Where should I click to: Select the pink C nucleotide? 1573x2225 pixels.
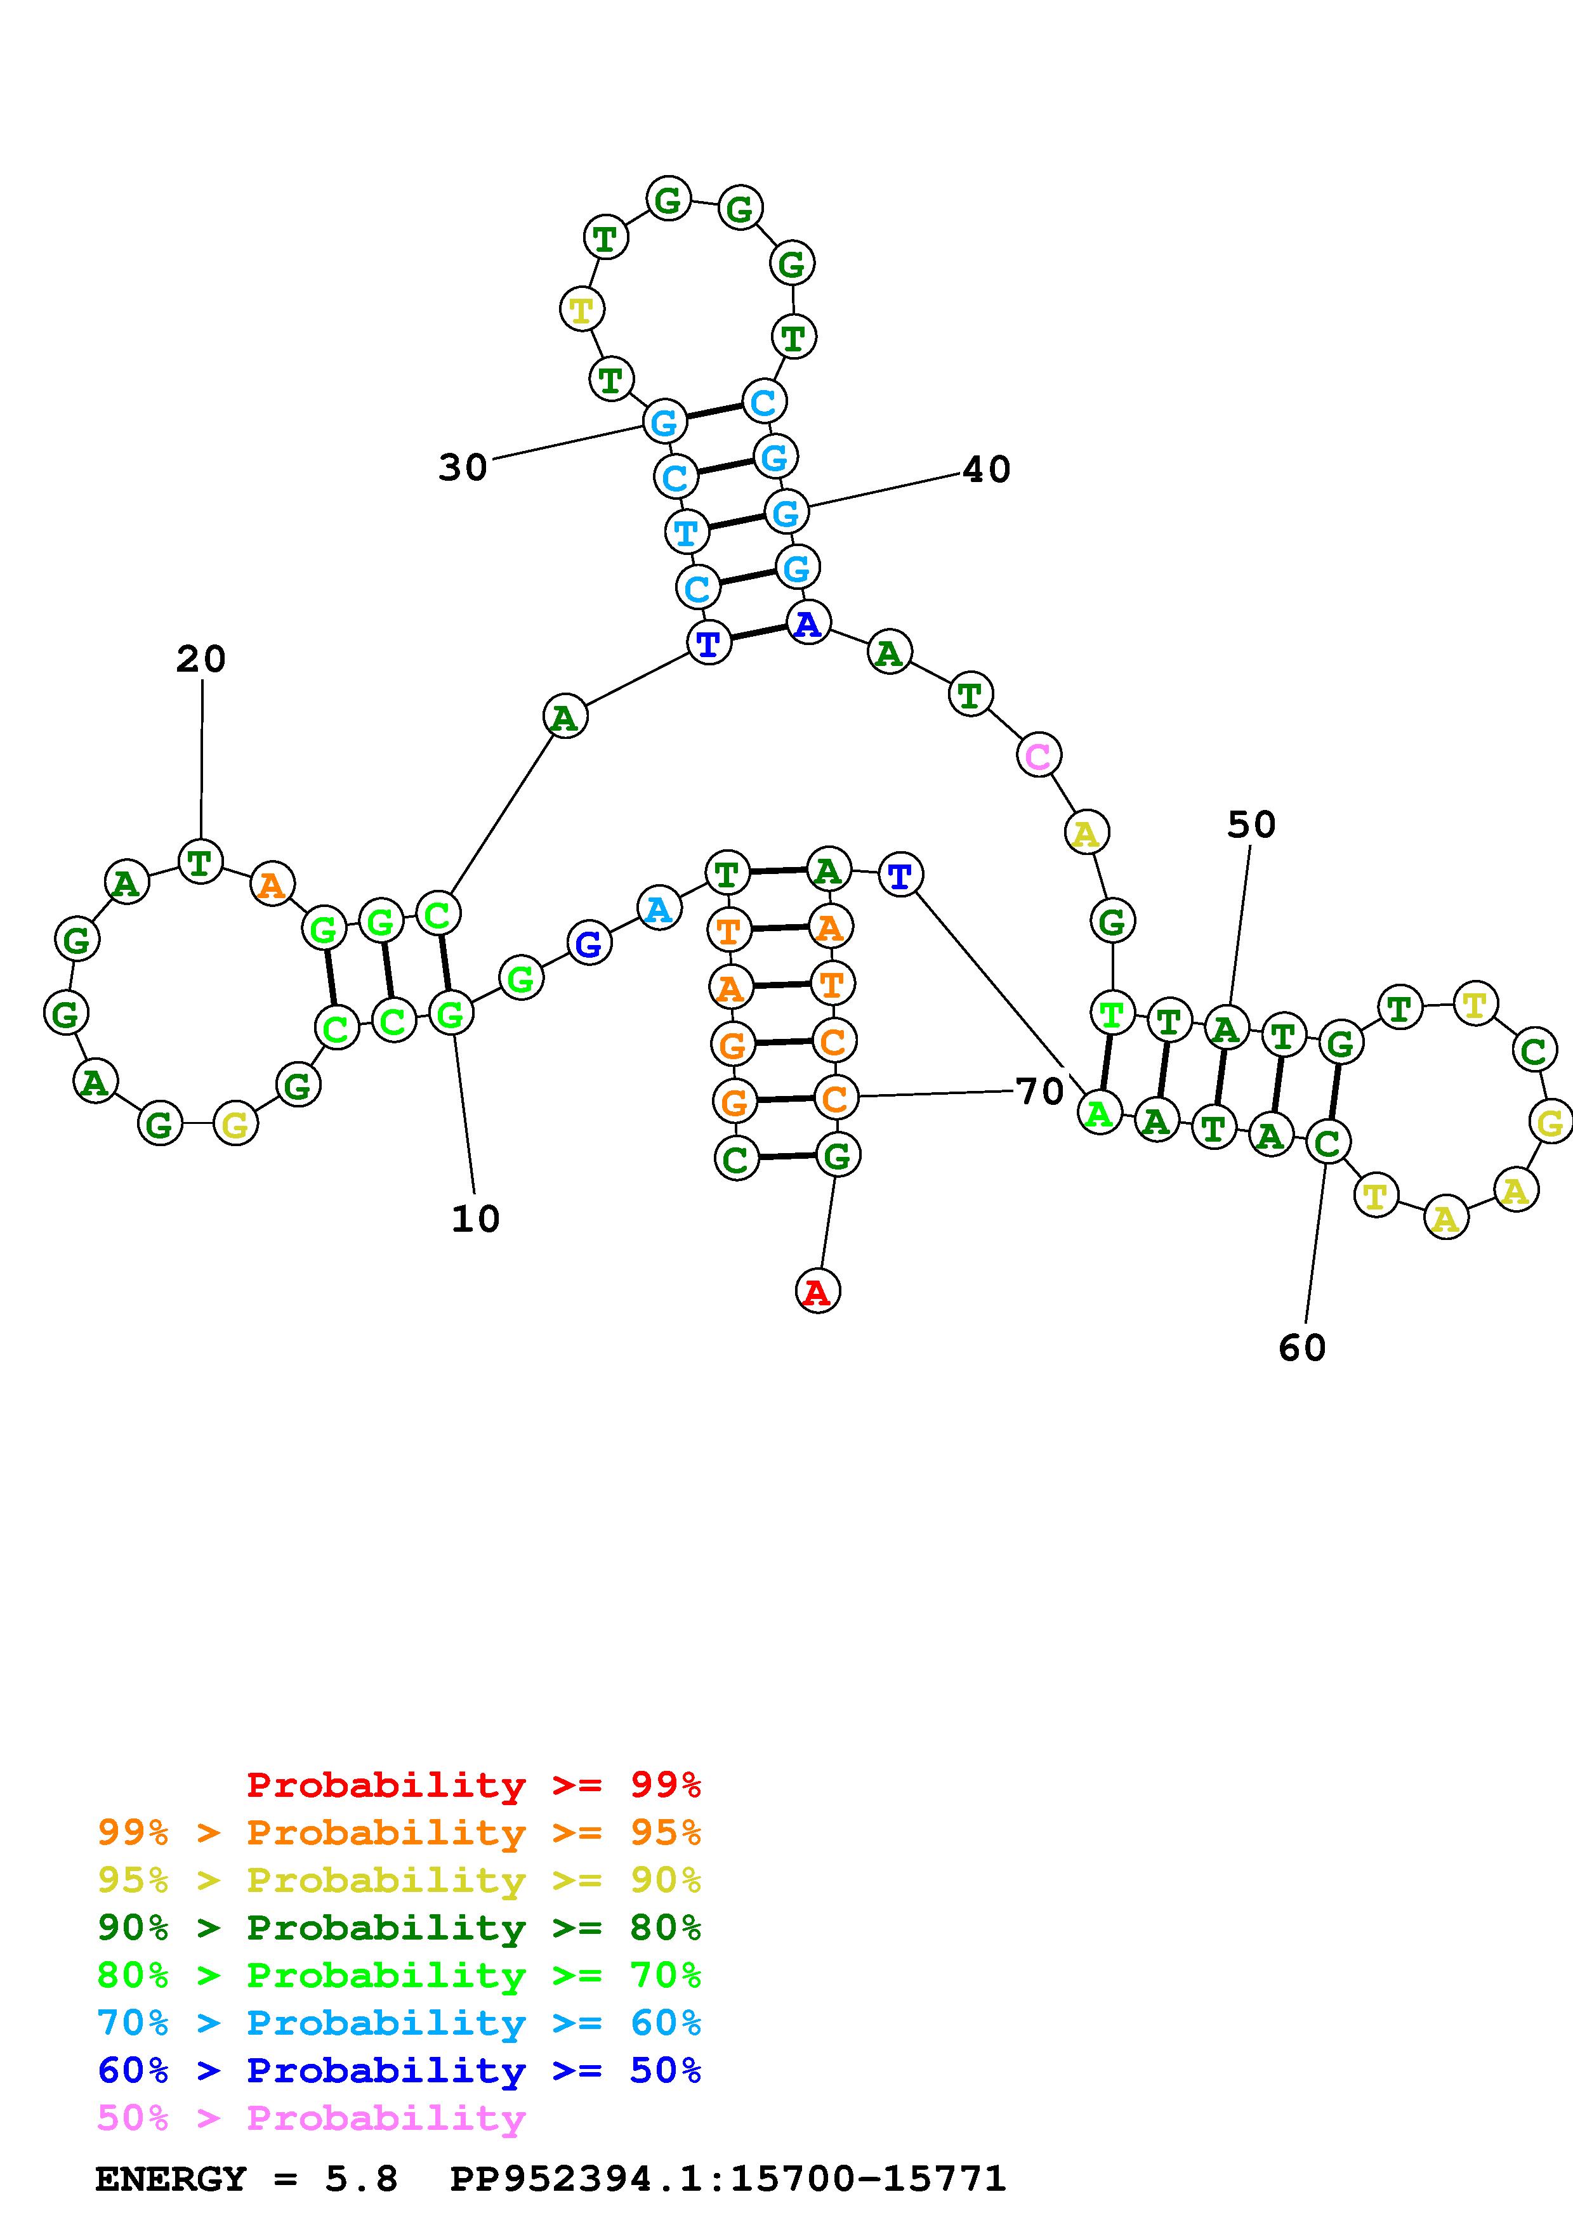pos(1038,756)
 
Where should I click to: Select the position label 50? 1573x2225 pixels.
pos(1251,825)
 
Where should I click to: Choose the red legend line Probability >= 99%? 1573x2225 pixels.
pos(474,1784)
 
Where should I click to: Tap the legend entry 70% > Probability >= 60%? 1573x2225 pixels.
pos(399,2023)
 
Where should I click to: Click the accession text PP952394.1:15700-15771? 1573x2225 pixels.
pos(728,2179)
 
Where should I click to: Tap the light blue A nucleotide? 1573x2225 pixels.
pos(659,909)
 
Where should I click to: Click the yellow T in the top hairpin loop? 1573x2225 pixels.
pos(581,310)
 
